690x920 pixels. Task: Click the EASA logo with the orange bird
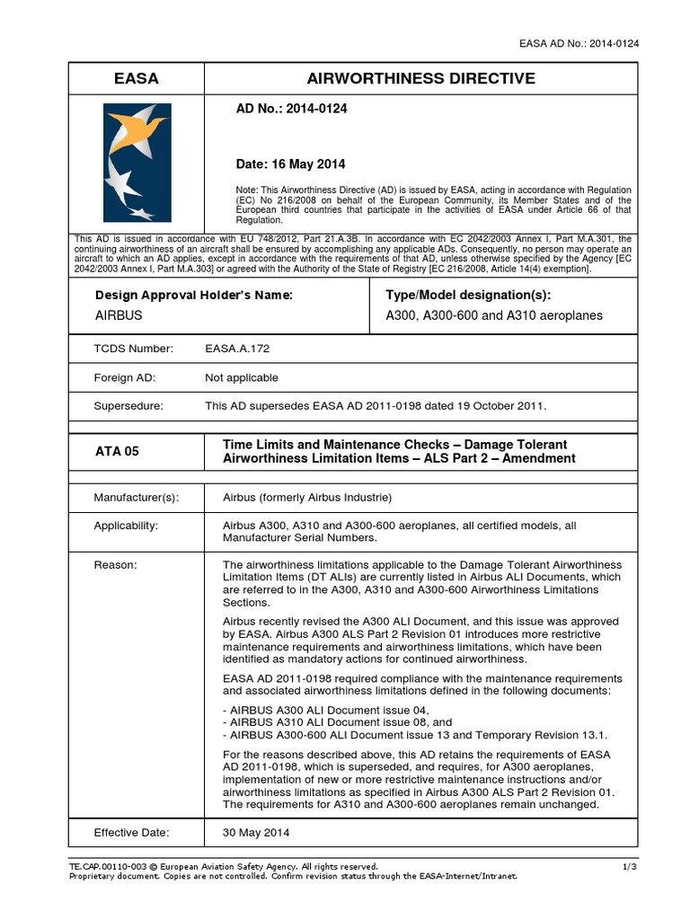[137, 162]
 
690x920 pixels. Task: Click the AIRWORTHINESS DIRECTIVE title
[421, 79]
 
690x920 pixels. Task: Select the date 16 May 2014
[290, 164]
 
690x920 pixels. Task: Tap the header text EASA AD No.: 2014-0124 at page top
[579, 43]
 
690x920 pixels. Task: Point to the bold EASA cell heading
[137, 79]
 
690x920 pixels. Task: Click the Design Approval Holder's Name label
[193, 295]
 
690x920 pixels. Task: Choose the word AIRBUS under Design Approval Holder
[119, 316]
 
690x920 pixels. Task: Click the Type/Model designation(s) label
[468, 295]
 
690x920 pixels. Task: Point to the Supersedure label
[128, 405]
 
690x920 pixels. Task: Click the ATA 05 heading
[118, 451]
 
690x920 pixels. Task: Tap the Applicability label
[126, 526]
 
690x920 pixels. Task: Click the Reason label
[116, 564]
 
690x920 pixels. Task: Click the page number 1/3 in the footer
[629, 865]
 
